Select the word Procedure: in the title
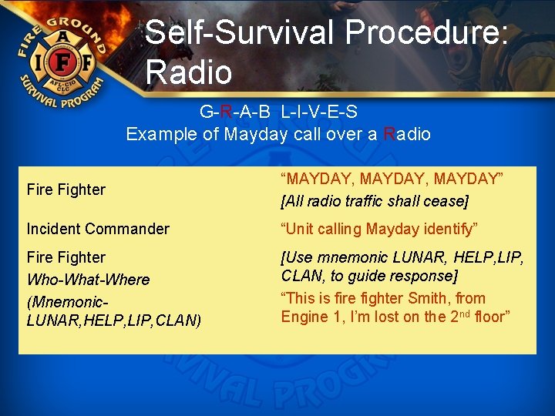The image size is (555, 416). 427,33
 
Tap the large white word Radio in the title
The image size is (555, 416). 188,72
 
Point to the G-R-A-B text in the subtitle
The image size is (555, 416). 234,112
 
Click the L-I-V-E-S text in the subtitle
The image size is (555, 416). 319,112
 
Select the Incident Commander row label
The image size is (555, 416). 98,229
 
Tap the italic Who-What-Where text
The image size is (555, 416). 88,279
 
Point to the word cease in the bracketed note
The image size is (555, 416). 446,201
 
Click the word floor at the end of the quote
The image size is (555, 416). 491,317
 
